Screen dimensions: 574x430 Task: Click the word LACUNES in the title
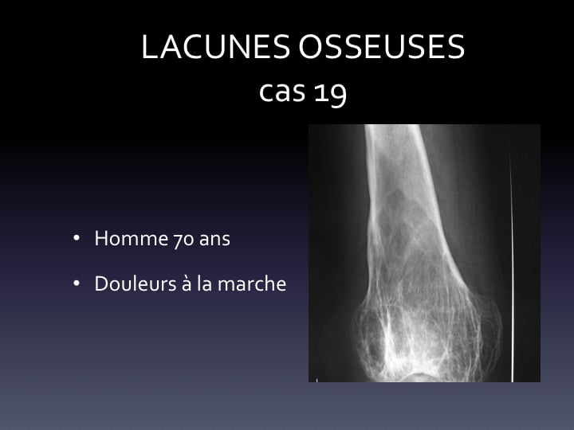[x=215, y=46]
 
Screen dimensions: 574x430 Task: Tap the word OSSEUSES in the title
[x=382, y=46]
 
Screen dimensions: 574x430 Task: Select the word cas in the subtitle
[x=282, y=92]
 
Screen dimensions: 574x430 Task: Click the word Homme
[x=131, y=238]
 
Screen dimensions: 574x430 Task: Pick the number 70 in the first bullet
[x=183, y=240]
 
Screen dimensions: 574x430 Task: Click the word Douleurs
[x=136, y=283]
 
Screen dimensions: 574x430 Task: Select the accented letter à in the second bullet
[x=187, y=283]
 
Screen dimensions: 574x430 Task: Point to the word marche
[x=252, y=283]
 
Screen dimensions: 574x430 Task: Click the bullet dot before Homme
[x=77, y=238]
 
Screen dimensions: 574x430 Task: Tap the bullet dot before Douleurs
[x=77, y=283]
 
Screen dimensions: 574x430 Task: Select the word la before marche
[x=204, y=283]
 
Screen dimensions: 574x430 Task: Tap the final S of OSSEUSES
[x=457, y=46]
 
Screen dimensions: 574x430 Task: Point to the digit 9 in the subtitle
[x=338, y=95]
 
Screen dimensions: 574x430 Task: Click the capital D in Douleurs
[x=102, y=283]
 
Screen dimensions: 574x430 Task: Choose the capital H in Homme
[x=101, y=238]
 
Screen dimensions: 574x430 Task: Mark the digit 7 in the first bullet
[x=178, y=241]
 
